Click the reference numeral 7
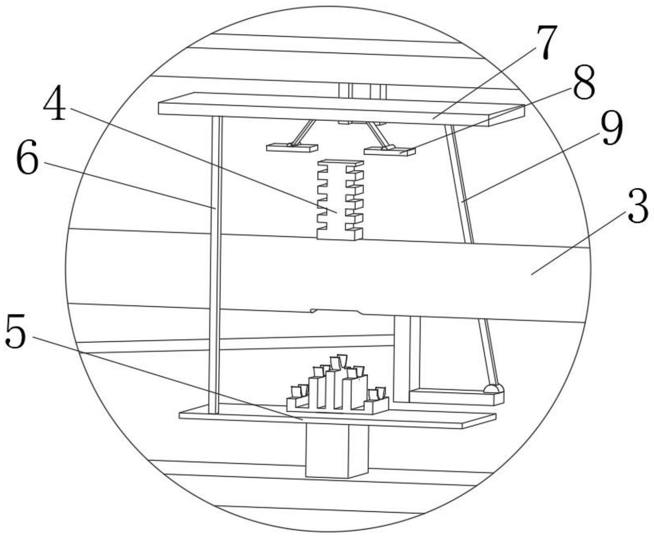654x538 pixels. pyautogui.click(x=546, y=43)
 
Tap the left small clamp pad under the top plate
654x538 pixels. pyautogui.click(x=292, y=148)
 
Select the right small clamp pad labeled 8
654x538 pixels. pyautogui.click(x=390, y=151)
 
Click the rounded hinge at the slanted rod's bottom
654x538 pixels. pyautogui.click(x=494, y=389)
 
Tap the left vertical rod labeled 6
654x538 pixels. pyautogui.click(x=215, y=263)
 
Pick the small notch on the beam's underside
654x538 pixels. pyautogui.click(x=336, y=311)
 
